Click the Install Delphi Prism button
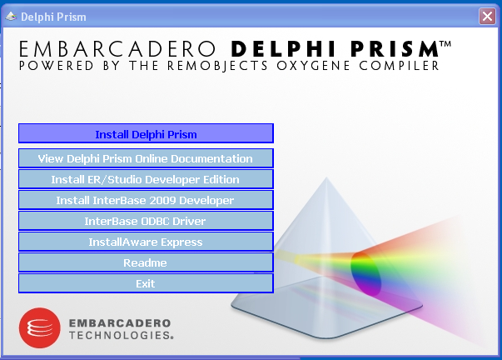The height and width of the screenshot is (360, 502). (146, 133)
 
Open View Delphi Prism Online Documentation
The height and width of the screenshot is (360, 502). (146, 158)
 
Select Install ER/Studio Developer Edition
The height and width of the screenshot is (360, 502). (146, 179)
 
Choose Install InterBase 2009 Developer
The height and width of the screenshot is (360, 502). (146, 200)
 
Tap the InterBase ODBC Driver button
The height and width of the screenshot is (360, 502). (146, 221)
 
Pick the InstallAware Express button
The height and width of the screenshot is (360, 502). (146, 242)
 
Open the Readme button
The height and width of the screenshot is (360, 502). (146, 262)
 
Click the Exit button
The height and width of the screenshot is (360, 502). (146, 283)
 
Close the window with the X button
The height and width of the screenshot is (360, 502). (487, 16)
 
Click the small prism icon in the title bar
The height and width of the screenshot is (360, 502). (11, 16)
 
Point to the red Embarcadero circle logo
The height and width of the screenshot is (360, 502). (40, 328)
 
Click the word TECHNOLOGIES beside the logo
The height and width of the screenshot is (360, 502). (121, 335)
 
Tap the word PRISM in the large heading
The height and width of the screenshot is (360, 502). (395, 49)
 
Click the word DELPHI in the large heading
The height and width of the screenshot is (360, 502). (283, 49)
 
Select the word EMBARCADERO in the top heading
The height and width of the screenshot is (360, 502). (117, 49)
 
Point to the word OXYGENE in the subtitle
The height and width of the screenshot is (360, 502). (313, 66)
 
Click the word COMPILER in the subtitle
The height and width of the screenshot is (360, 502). (399, 66)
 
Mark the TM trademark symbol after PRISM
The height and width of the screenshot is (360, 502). (445, 43)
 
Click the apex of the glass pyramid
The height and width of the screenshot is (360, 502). (326, 177)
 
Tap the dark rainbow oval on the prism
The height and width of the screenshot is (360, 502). (365, 273)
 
